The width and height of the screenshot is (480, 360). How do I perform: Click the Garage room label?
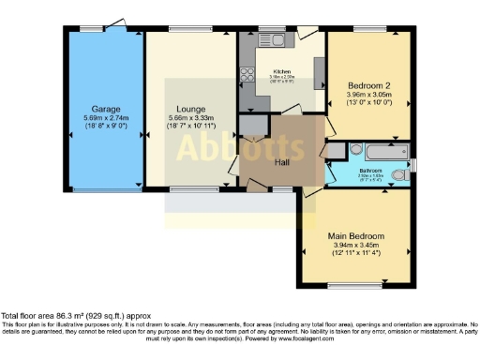coord(104,109)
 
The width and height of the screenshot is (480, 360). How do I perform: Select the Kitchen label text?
coord(283,72)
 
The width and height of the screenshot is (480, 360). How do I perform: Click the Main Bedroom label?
coord(355,235)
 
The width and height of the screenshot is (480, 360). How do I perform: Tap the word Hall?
coord(281,162)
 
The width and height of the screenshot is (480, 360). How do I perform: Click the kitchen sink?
coord(277,41)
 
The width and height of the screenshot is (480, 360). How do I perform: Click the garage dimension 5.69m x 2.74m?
coord(104,118)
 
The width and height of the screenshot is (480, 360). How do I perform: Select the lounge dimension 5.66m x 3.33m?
coord(190,118)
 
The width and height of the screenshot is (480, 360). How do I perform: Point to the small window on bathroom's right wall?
coord(413,167)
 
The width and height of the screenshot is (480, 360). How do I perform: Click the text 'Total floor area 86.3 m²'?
coord(56,318)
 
